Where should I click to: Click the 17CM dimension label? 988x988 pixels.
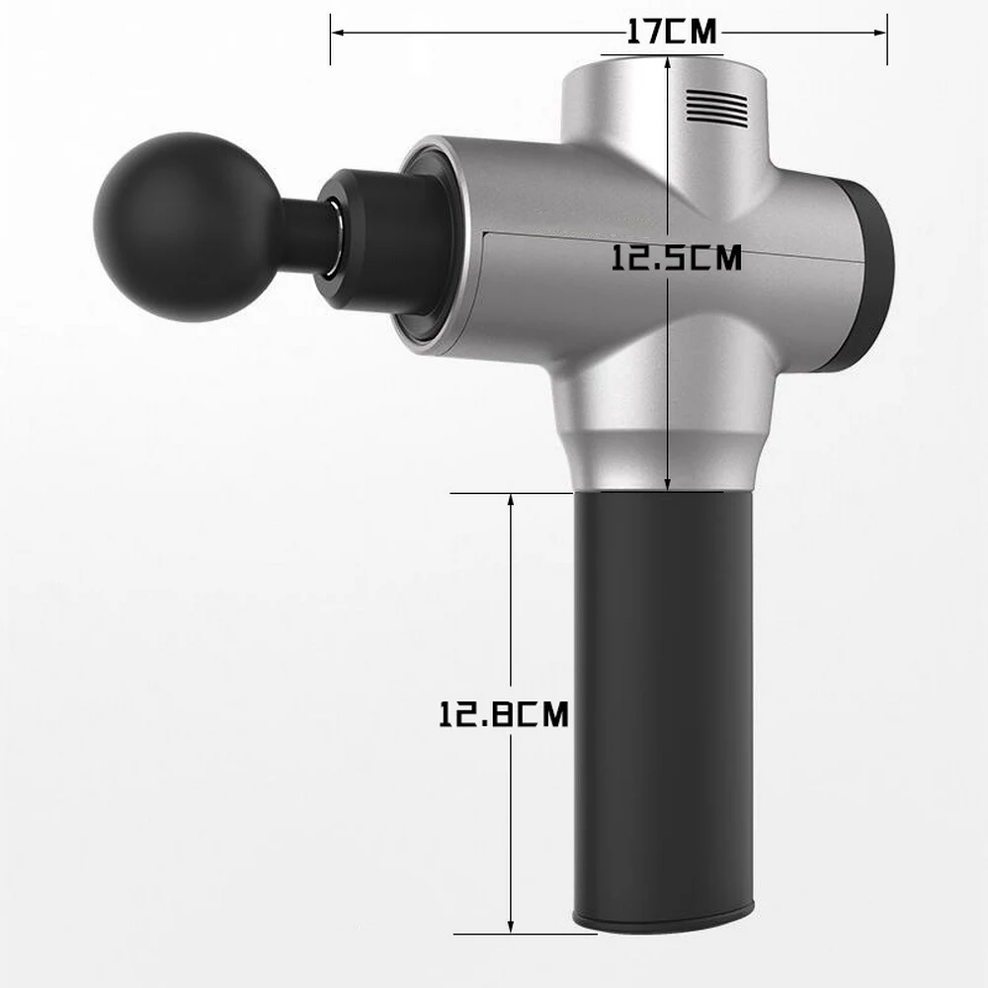coord(672,32)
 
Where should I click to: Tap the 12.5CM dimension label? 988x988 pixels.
coord(677,258)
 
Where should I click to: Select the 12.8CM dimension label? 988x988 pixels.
coord(504,714)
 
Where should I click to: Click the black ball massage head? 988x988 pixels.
coord(187,227)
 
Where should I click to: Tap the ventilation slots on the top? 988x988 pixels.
coord(716,106)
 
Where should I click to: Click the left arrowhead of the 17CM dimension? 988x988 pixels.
coord(337,33)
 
